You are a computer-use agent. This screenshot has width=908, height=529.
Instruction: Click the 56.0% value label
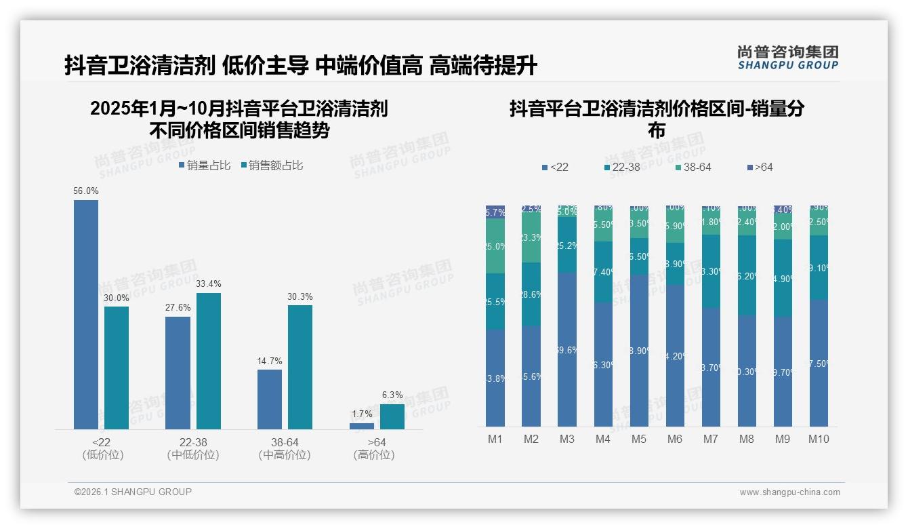tap(86, 191)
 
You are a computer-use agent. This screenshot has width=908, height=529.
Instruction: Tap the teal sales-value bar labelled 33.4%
tap(209, 361)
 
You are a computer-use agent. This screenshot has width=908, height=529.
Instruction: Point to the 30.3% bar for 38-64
tap(300, 367)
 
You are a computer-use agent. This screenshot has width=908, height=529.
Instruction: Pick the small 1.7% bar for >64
tap(362, 426)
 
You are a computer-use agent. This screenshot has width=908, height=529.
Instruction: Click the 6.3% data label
tap(392, 395)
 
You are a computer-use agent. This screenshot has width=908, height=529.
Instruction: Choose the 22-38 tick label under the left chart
tap(193, 443)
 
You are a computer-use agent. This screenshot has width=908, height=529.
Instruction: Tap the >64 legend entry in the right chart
tap(760, 167)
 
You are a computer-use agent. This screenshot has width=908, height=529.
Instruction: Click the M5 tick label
tap(639, 439)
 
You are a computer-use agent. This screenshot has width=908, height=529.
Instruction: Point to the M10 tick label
tap(819, 439)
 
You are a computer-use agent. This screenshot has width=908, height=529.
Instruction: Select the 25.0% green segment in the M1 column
tap(495, 246)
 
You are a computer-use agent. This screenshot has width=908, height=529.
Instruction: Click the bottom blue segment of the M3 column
tap(567, 349)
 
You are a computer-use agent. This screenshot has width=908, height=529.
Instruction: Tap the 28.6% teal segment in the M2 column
tap(531, 294)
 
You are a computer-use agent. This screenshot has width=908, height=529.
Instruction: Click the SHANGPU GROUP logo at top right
tap(787, 58)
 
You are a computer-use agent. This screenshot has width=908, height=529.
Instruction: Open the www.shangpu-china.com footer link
tap(789, 492)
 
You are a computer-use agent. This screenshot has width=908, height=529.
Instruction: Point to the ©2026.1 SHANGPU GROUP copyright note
tap(133, 492)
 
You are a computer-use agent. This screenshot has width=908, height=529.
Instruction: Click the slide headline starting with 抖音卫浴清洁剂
tap(301, 65)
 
